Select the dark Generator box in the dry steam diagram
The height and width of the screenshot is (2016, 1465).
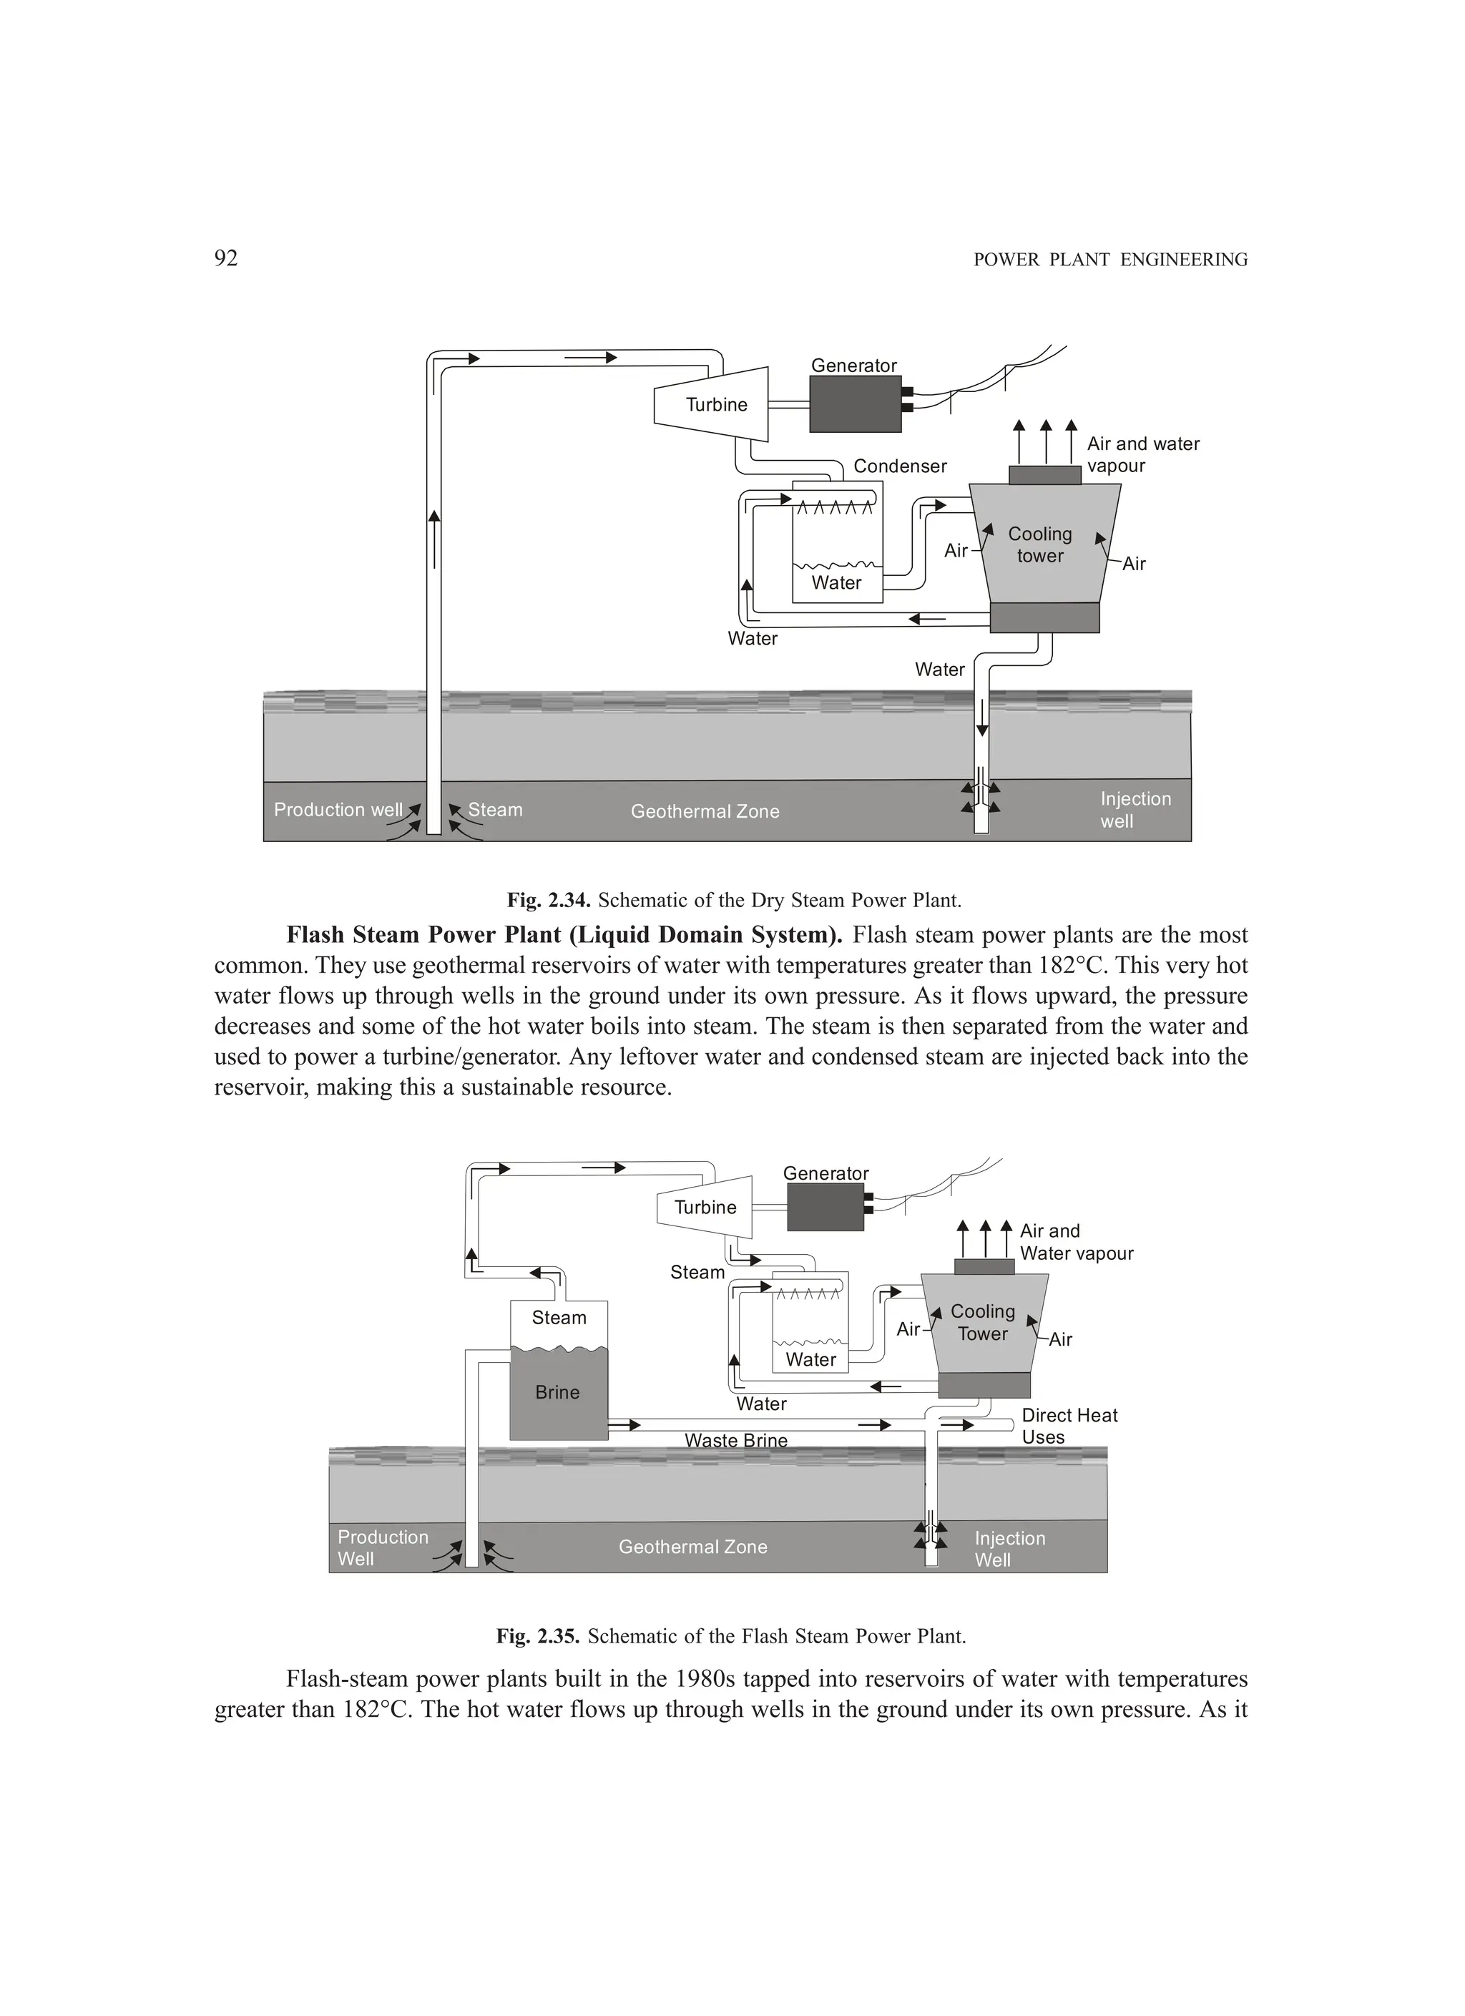[855, 404]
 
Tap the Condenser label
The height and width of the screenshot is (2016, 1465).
[900, 466]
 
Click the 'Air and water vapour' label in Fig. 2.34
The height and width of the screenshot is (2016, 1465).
[1142, 454]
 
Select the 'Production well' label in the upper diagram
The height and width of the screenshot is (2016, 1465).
[338, 810]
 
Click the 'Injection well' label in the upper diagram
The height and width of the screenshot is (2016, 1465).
[1135, 810]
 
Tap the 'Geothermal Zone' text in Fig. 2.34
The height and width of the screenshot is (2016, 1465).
[705, 811]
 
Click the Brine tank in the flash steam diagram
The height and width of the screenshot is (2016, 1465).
[558, 1392]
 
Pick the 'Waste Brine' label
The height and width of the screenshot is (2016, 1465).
[736, 1440]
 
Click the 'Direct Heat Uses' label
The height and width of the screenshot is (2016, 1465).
[1069, 1426]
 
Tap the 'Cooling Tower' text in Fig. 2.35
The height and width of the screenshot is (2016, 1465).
[982, 1322]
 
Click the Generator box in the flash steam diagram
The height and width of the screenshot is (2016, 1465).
[825, 1207]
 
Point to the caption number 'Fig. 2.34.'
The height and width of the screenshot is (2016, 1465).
[549, 901]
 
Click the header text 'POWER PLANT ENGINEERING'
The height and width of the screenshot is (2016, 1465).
[1110, 260]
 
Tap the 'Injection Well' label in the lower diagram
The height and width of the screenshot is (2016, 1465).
[1009, 1550]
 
